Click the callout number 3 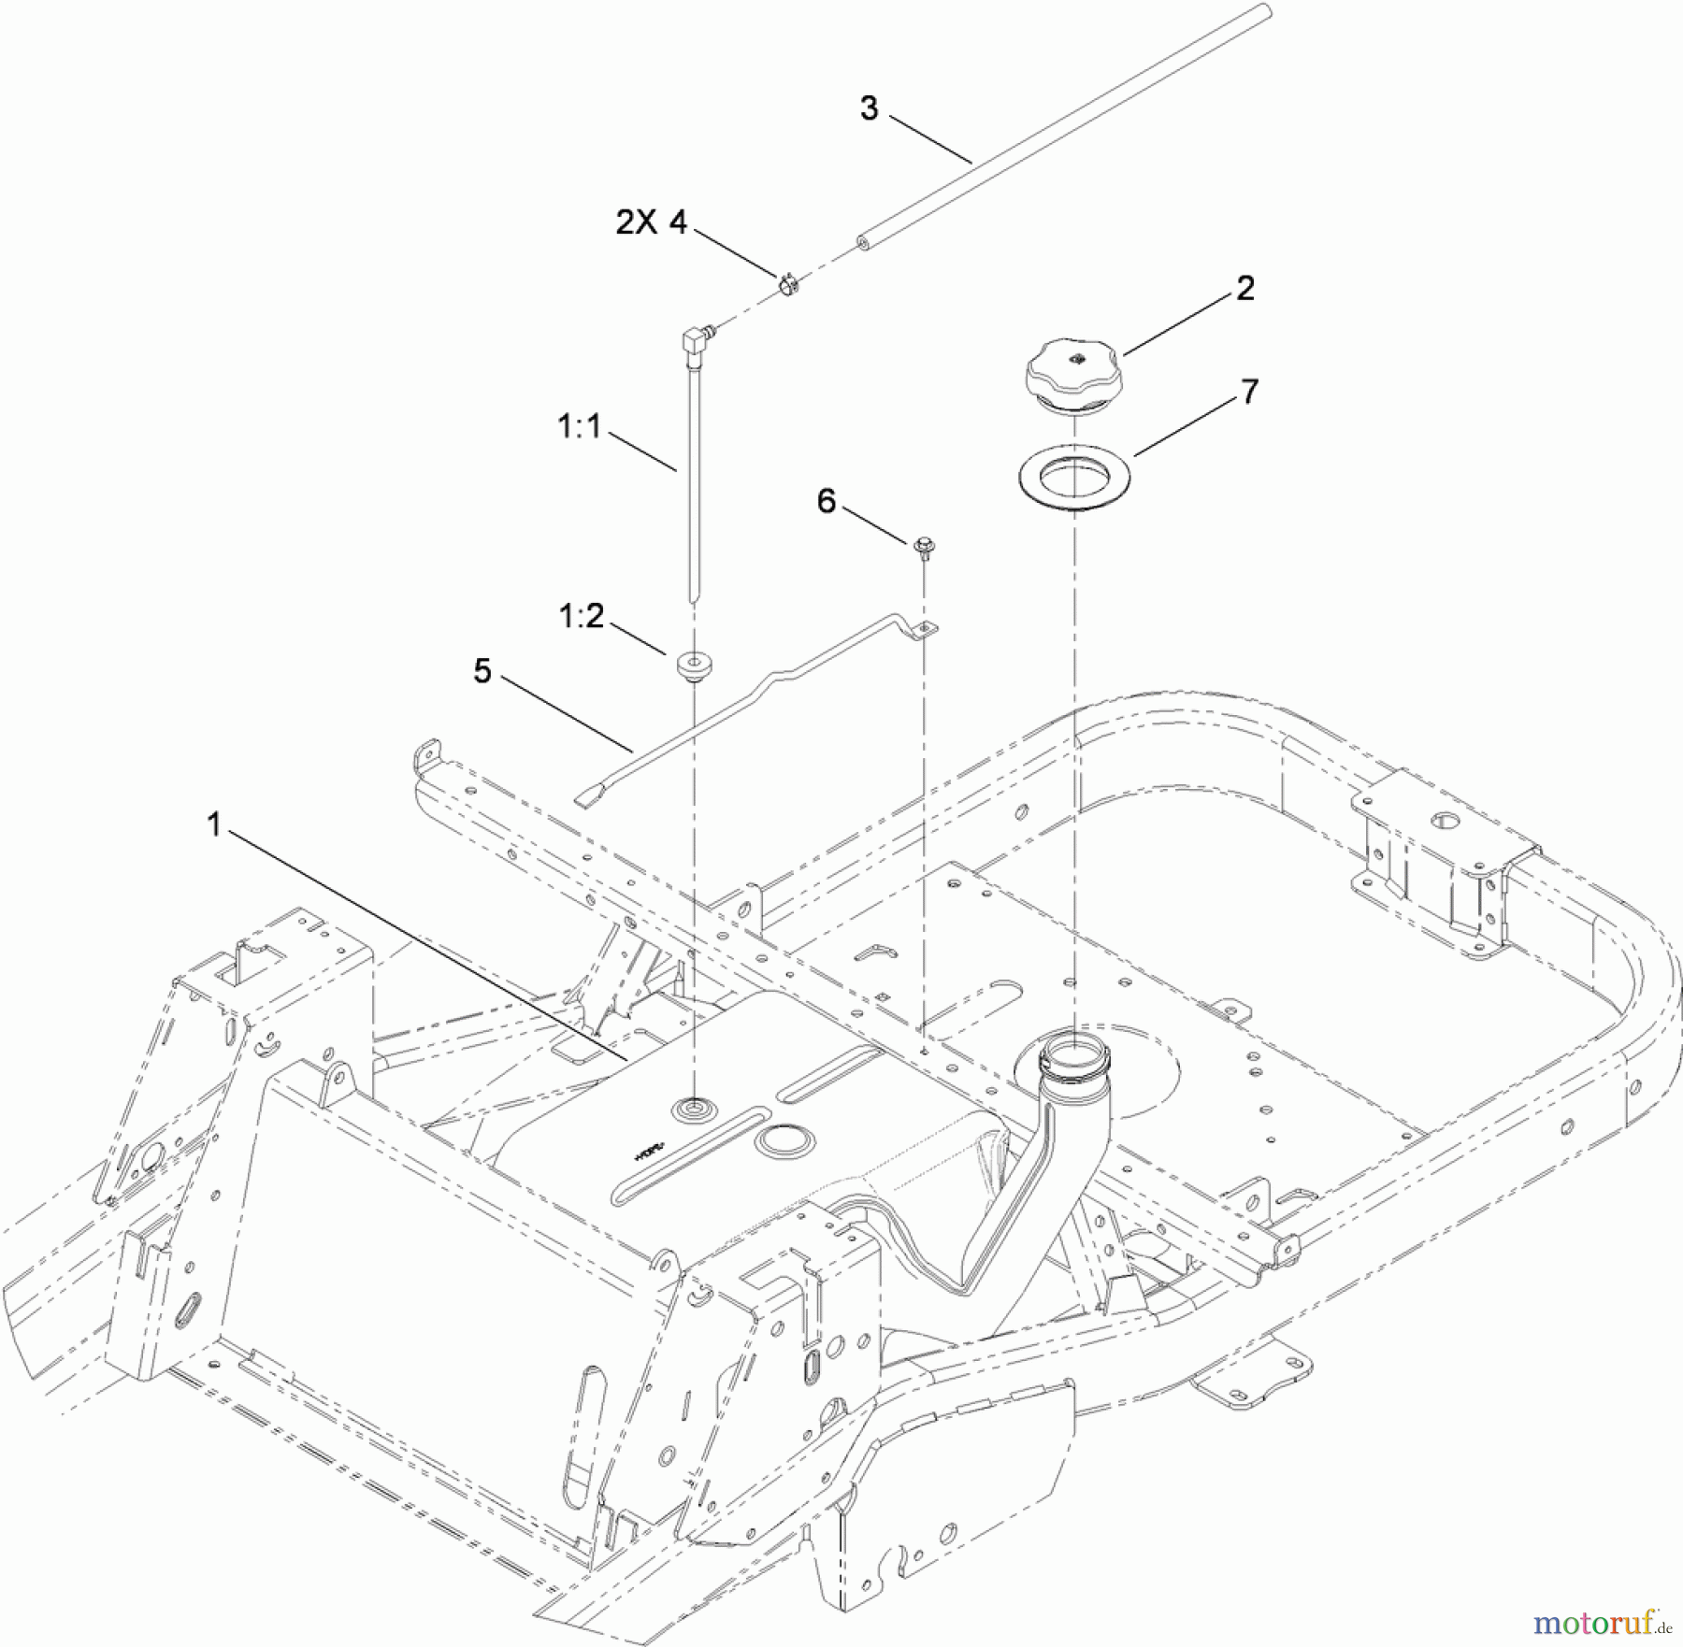point(869,108)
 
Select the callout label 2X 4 point(652,222)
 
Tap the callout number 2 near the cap point(1244,288)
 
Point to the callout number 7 point(1249,391)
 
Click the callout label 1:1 point(579,427)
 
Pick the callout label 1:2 point(581,616)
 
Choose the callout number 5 point(482,670)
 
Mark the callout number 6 point(827,501)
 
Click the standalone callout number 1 point(215,824)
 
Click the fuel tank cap point(1076,376)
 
